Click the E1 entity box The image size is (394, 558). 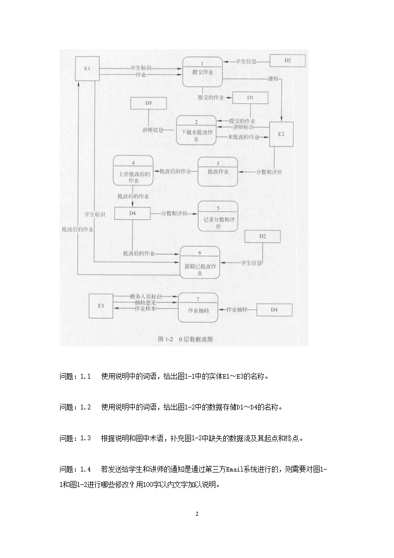[x=87, y=68]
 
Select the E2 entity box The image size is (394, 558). [x=281, y=134]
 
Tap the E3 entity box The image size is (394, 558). [x=101, y=306]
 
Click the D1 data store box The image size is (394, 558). [x=251, y=98]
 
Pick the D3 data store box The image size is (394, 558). [x=148, y=103]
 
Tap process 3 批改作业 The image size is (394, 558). [x=218, y=171]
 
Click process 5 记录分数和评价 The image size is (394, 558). [x=218, y=216]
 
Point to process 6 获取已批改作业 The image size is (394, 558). [x=199, y=262]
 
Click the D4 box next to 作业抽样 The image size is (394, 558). [x=274, y=310]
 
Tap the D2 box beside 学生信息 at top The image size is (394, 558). [x=287, y=61]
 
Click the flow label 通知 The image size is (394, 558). [x=272, y=79]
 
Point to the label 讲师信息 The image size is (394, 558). [x=153, y=130]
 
